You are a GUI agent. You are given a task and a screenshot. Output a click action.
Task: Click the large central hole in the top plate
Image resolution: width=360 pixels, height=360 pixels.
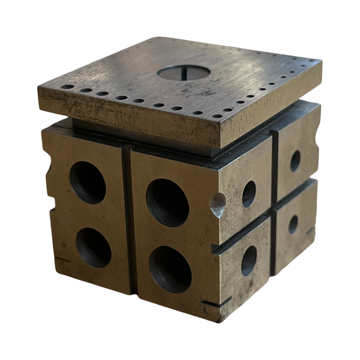pyautogui.click(x=184, y=73)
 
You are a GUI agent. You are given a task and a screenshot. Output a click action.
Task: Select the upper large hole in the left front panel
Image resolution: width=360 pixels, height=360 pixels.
pyautogui.click(x=88, y=182)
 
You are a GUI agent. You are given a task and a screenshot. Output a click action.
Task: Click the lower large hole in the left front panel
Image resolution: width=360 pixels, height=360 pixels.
pyautogui.click(x=94, y=247)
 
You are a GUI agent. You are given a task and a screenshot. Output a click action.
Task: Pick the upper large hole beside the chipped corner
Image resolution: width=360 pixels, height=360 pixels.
pyautogui.click(x=167, y=202)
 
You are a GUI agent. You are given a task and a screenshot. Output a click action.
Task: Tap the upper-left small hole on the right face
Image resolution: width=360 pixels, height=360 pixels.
pyautogui.click(x=248, y=194)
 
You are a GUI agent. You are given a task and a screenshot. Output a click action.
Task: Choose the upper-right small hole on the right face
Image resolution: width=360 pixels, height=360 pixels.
pyautogui.click(x=295, y=160)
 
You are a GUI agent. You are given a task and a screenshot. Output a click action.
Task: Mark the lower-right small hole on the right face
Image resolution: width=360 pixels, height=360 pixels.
pyautogui.click(x=293, y=224)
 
